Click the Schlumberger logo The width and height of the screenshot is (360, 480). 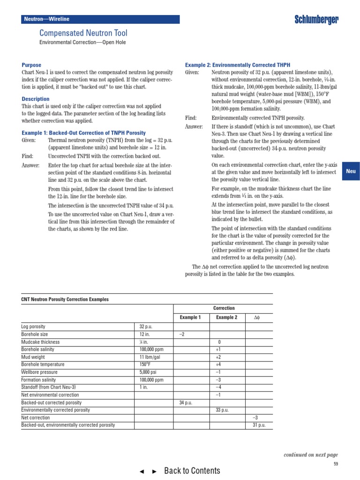(316, 19)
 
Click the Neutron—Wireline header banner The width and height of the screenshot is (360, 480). (101, 19)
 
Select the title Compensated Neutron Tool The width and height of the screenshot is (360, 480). (83, 33)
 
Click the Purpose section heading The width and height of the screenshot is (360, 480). (31, 65)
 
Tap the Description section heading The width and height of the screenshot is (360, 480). (35, 99)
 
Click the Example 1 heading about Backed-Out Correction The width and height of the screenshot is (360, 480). (83, 133)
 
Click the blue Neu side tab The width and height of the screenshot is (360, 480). (351, 171)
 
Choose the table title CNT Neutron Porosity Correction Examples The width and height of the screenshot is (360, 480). (65, 299)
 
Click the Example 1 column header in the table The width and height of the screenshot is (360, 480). (190, 317)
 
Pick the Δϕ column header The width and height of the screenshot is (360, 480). (256, 317)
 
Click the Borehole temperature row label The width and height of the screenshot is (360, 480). (43, 365)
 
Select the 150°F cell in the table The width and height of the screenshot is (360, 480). (145, 365)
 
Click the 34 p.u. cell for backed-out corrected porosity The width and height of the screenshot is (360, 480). (186, 403)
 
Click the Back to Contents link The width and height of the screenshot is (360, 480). (192, 471)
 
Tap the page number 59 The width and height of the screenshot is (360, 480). (336, 464)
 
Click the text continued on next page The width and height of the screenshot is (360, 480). (311, 455)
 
